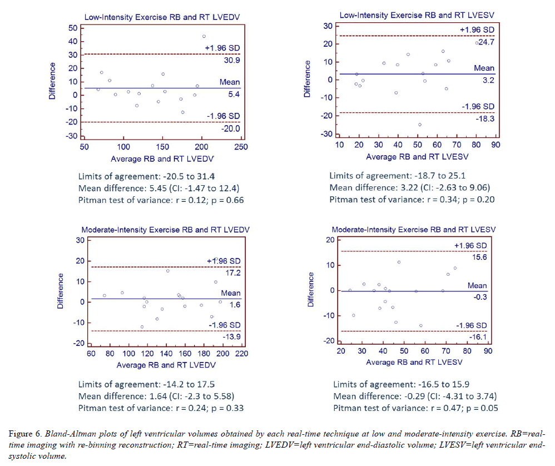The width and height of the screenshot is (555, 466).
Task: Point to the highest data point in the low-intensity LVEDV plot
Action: tap(204, 36)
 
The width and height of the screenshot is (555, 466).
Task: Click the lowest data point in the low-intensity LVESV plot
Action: tap(420, 125)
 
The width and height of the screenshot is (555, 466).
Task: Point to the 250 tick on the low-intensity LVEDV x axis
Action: tap(241, 147)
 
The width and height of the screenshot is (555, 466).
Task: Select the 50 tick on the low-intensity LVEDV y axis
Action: tap(72, 28)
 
